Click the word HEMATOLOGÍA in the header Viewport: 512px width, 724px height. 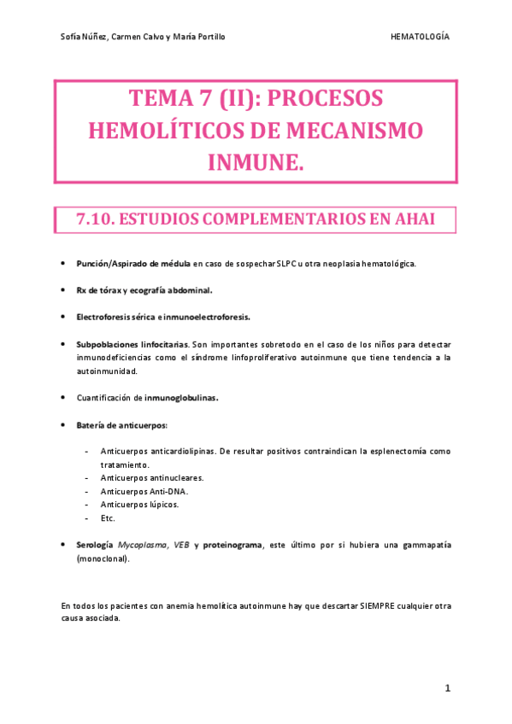(x=420, y=37)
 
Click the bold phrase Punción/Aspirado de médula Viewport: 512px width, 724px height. (x=132, y=264)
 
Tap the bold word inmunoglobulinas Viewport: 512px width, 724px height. (x=180, y=397)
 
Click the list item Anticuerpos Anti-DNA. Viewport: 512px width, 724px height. (x=144, y=491)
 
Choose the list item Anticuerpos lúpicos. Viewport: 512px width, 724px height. (x=139, y=505)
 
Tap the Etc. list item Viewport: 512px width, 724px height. (x=108, y=517)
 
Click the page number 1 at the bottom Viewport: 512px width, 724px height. (x=447, y=687)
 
